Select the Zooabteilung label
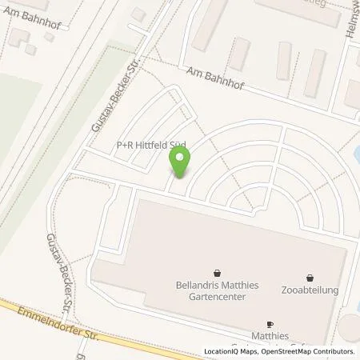[311, 289]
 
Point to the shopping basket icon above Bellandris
[215, 272]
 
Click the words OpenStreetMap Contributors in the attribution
[312, 351]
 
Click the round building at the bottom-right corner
[350, 328]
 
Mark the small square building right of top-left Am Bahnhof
[138, 14]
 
